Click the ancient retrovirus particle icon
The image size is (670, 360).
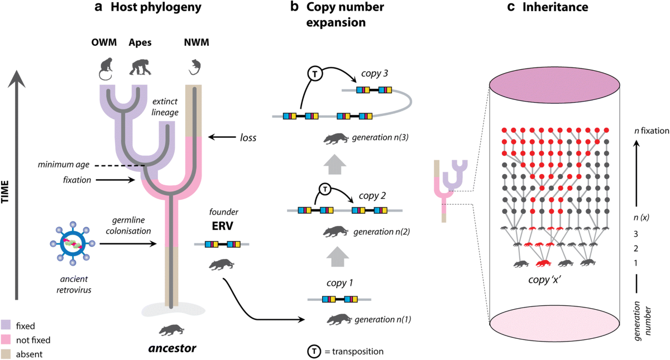[73, 243]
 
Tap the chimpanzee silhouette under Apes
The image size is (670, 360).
[140, 66]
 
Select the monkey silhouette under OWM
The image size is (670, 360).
[106, 69]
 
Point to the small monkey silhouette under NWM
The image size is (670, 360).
[195, 67]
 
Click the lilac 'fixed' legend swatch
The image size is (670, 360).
[6, 325]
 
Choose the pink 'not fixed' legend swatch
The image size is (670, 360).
[6, 339]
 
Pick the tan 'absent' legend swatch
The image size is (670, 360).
[6, 354]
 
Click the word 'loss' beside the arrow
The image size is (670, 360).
[248, 137]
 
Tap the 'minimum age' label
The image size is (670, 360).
[64, 165]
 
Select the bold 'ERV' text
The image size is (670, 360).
[222, 226]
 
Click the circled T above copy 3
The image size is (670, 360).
[315, 74]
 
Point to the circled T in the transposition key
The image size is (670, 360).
[314, 352]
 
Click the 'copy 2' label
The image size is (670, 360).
[372, 196]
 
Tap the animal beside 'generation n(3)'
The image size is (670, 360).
[336, 138]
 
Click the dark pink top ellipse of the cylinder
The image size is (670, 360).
[554, 85]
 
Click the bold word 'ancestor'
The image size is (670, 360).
[173, 348]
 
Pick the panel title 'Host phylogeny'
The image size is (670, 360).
[156, 7]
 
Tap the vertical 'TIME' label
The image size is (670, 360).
[5, 191]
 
